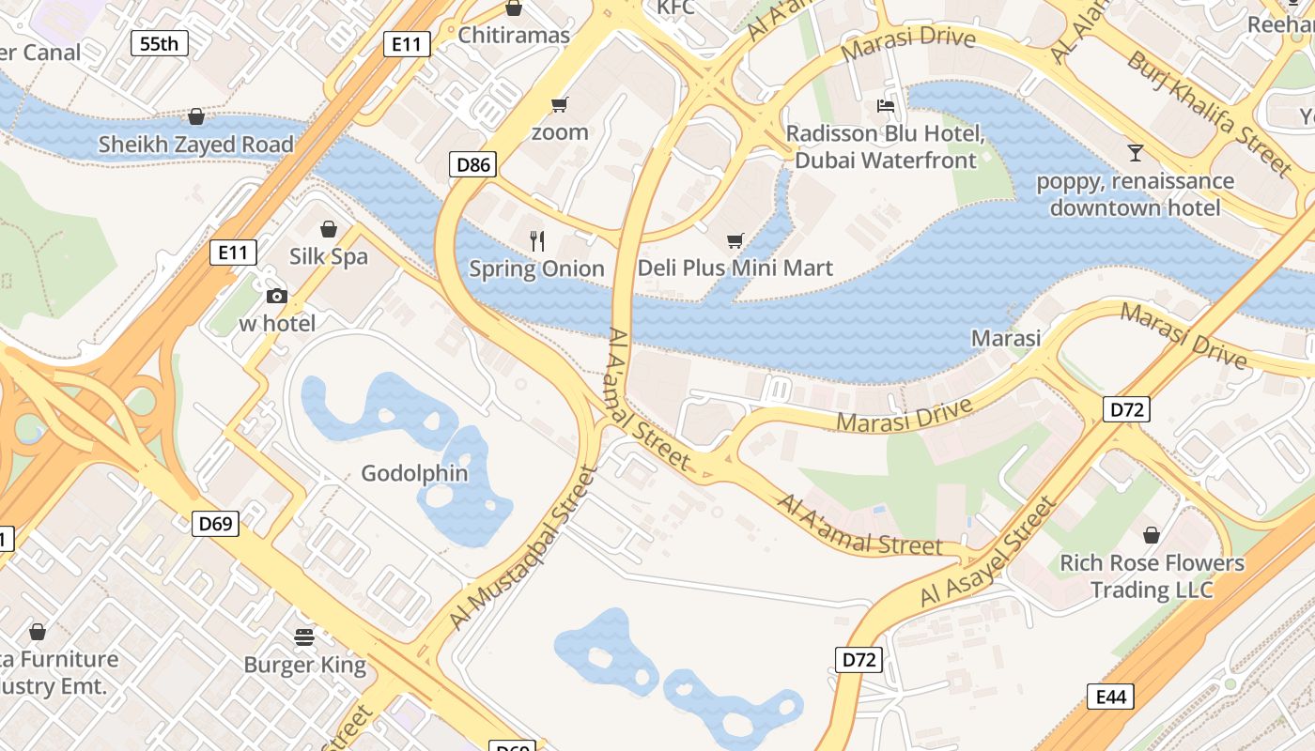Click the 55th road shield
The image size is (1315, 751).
pos(159,43)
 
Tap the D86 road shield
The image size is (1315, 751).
pos(472,165)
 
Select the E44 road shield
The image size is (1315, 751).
pos(1110,697)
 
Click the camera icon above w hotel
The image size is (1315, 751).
pos(276,297)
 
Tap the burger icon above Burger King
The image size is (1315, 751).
pos(304,637)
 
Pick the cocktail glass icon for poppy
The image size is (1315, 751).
pos(1135,152)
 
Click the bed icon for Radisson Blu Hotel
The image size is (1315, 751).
pos(885,105)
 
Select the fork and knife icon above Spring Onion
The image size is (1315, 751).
pos(537,241)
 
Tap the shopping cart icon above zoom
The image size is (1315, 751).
pos(560,104)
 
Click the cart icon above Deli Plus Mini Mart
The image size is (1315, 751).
pos(735,241)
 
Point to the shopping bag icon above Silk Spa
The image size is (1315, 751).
pos(329,229)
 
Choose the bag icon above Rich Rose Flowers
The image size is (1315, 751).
pos(1152,535)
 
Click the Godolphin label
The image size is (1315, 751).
pos(414,473)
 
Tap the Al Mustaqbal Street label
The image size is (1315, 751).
pos(523,548)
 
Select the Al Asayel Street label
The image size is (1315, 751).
pos(989,553)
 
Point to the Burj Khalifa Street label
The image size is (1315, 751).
pos(1210,114)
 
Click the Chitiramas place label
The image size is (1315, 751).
pos(514,36)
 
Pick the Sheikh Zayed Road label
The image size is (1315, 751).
pos(196,145)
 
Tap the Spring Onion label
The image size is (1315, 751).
pos(537,269)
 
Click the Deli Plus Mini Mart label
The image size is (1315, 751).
pos(735,268)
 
